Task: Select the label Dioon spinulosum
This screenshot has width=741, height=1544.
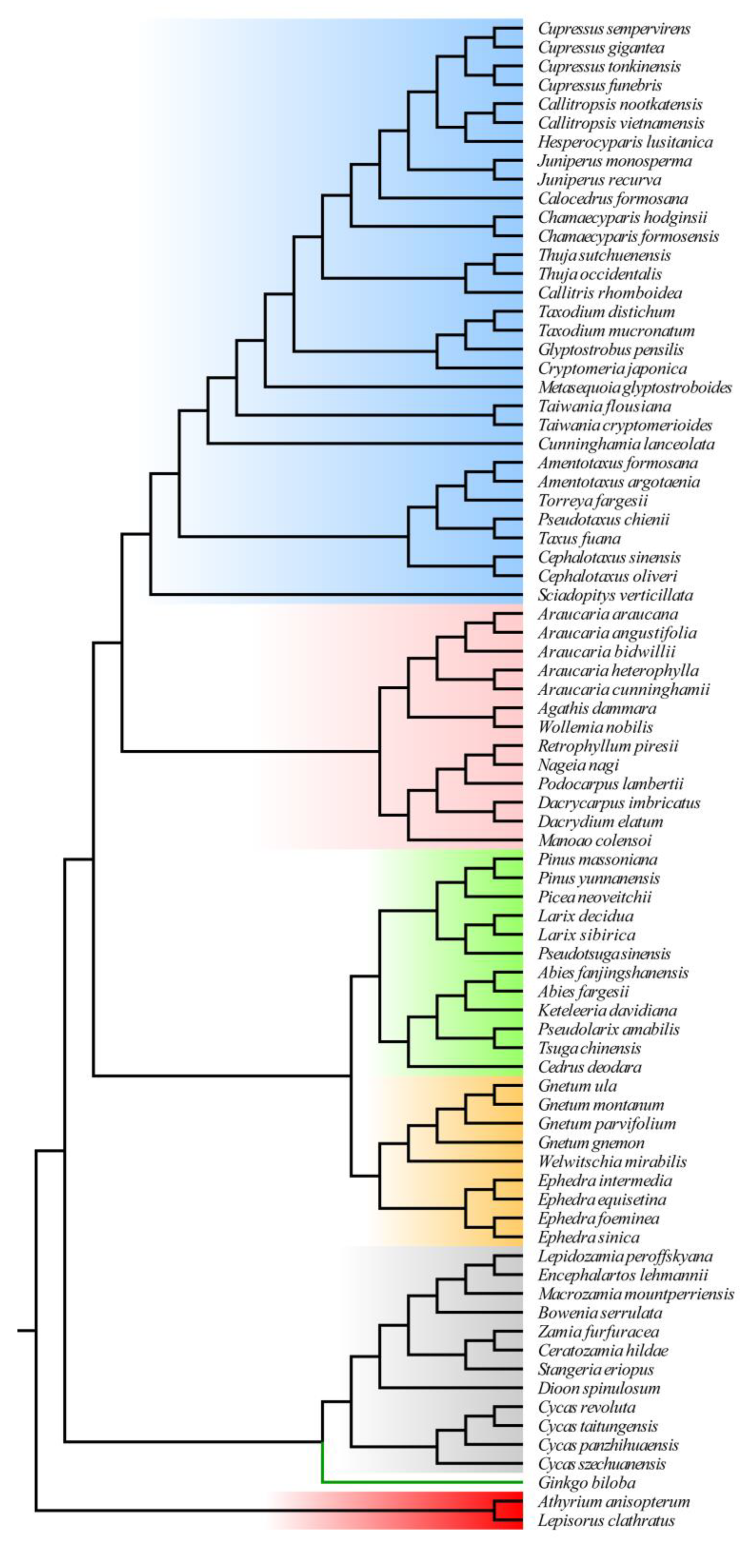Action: (x=599, y=1388)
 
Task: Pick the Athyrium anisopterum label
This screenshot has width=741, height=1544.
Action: (x=613, y=1501)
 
